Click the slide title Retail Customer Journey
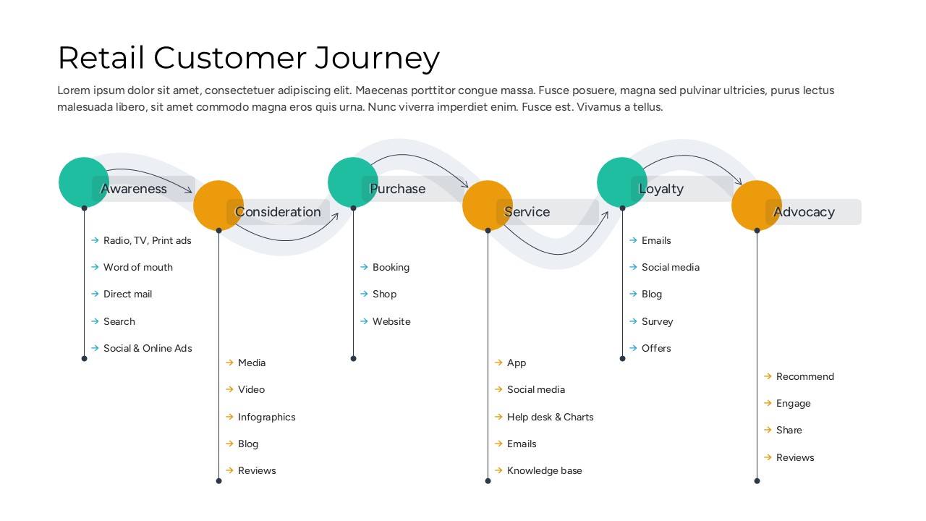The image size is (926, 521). click(x=248, y=58)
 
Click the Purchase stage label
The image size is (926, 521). click(x=397, y=189)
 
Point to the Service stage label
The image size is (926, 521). click(x=527, y=212)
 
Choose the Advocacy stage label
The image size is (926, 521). click(x=804, y=212)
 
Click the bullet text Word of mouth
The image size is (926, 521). click(x=137, y=267)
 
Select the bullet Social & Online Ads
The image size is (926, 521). click(x=148, y=348)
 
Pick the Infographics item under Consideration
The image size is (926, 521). click(x=266, y=417)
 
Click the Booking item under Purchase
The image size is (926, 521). click(x=391, y=267)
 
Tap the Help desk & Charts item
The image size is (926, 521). click(x=550, y=417)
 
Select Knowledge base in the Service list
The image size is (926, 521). click(x=544, y=470)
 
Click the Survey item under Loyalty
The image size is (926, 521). click(x=657, y=321)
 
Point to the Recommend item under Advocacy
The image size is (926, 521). click(x=804, y=376)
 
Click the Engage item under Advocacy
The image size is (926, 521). click(x=793, y=403)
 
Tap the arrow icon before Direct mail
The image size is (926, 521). click(x=95, y=294)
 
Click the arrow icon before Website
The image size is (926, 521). click(x=364, y=321)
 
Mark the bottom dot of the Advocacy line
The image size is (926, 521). click(x=757, y=480)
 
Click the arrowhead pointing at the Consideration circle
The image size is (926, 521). click(x=190, y=191)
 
